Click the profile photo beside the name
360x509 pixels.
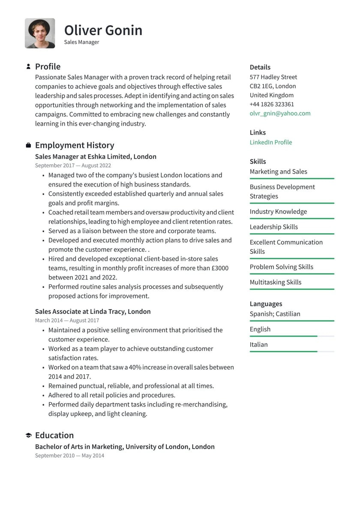pos(40,33)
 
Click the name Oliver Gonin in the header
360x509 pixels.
pos(103,30)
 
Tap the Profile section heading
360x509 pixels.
pos(48,66)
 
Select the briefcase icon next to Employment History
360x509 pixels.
pos(28,145)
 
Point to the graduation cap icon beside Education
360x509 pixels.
pos(28,435)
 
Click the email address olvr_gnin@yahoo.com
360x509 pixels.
pos(280,113)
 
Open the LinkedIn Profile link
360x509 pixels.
pos(270,142)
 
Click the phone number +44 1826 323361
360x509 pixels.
pos(272,104)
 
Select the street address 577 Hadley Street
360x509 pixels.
pos(273,77)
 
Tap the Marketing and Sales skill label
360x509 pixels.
pos(278,172)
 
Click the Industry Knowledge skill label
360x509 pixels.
pos(278,211)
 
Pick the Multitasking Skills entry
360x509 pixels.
pos(275,282)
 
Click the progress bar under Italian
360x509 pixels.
pos(291,352)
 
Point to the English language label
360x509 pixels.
pos(260,329)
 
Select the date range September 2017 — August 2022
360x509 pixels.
pos(73,166)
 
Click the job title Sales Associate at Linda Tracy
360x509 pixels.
pos(93,312)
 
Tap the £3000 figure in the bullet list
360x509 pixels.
pos(219,268)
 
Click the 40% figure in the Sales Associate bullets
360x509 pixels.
pos(135,367)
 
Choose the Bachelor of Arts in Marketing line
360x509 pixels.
pos(125,446)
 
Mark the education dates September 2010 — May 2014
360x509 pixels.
pos(69,455)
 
